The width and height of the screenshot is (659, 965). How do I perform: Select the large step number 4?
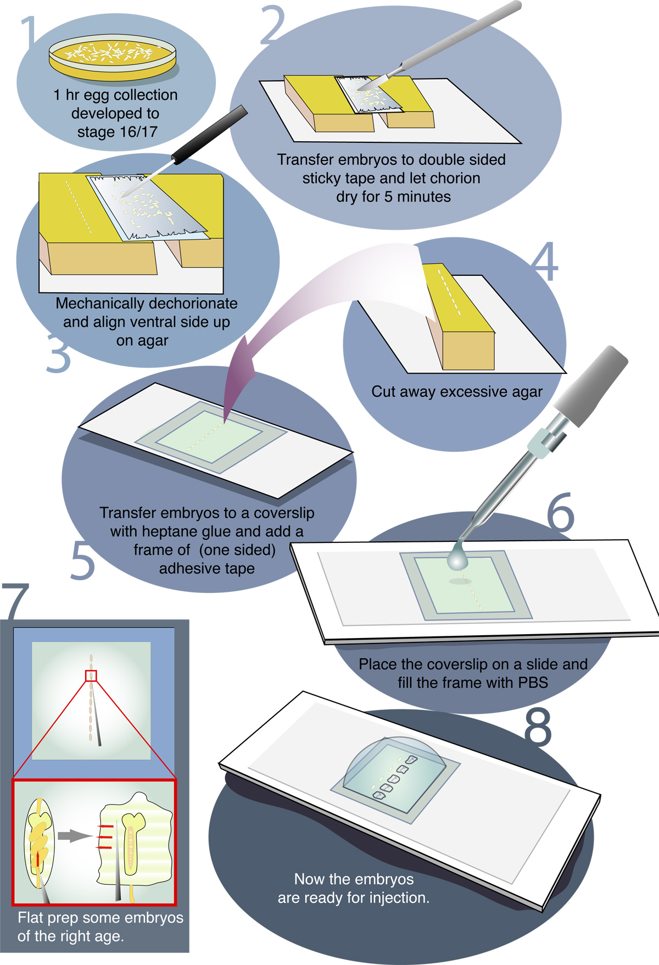(x=545, y=262)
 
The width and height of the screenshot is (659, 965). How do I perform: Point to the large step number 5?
(x=83, y=561)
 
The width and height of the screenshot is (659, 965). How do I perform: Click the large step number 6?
(x=561, y=513)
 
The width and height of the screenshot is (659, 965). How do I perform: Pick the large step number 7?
(x=15, y=602)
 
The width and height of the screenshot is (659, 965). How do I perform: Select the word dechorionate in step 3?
(x=189, y=303)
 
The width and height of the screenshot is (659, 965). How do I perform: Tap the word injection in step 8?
(x=399, y=898)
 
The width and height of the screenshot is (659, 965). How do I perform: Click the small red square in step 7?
(x=91, y=675)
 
